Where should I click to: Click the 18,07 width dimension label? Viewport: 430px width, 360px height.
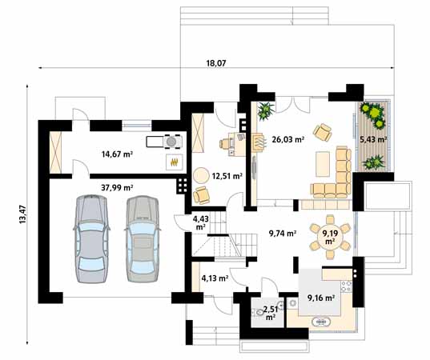point(216,63)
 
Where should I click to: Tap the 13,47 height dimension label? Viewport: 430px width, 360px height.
point(22,214)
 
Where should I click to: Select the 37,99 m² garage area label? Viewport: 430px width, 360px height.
point(117,188)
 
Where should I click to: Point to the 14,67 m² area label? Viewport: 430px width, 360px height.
point(117,154)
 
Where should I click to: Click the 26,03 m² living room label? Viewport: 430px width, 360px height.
point(288,140)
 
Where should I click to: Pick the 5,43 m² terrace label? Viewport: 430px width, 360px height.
point(373,139)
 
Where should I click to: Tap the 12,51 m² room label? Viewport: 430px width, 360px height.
point(227,176)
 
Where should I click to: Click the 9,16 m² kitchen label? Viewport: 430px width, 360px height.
point(321,298)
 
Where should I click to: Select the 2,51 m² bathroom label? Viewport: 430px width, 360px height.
point(271,314)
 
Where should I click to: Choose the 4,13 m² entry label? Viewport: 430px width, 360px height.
point(215,278)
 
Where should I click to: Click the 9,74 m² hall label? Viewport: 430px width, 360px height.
point(283,234)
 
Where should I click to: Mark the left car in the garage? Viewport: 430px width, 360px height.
point(91,239)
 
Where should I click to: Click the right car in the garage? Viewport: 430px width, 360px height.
point(143,238)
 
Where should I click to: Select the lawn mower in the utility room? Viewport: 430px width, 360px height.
point(164,142)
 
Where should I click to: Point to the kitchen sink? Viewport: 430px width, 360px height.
point(320,322)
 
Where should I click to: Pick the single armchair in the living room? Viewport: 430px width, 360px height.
point(323,132)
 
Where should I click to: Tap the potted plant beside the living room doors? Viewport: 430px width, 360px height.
point(266,111)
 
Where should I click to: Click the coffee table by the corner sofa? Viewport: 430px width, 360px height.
point(323,164)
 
